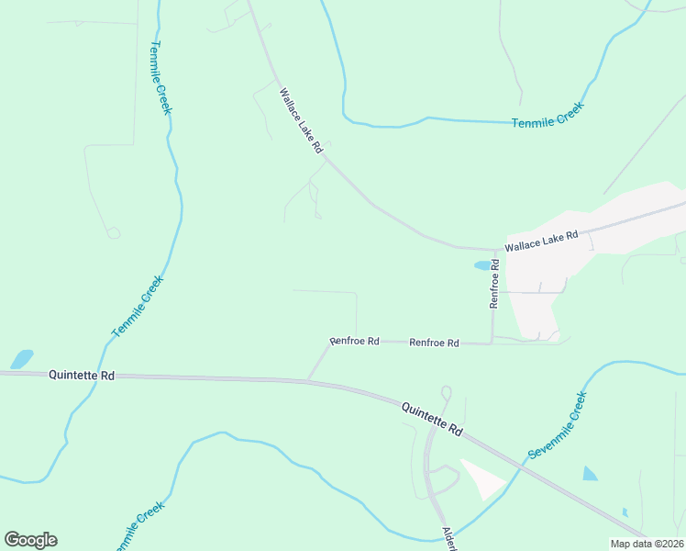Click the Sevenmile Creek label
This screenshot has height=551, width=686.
pyautogui.click(x=558, y=426)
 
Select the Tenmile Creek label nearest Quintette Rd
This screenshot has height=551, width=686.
pyautogui.click(x=138, y=306)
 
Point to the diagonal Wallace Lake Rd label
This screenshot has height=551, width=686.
pyautogui.click(x=302, y=119)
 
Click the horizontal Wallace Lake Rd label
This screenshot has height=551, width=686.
pyautogui.click(x=542, y=242)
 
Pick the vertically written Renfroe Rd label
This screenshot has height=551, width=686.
pyautogui.click(x=494, y=283)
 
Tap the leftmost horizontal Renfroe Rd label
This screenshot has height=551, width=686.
pyautogui.click(x=355, y=341)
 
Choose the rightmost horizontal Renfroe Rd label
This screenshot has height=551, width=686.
pyautogui.click(x=434, y=343)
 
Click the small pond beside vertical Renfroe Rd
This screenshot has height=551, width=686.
pyautogui.click(x=482, y=266)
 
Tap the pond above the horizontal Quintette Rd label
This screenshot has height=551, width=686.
pyautogui.click(x=21, y=358)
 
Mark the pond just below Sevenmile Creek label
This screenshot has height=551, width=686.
pyautogui.click(x=590, y=474)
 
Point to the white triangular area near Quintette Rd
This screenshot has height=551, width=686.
pyautogui.click(x=481, y=478)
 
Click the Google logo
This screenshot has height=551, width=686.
pyautogui.click(x=30, y=540)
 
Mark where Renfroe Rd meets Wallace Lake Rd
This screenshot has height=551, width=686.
pyautogui.click(x=495, y=250)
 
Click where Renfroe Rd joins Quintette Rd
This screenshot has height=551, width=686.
pyautogui.click(x=308, y=379)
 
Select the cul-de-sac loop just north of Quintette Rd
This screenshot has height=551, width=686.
pyautogui.click(x=447, y=393)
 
